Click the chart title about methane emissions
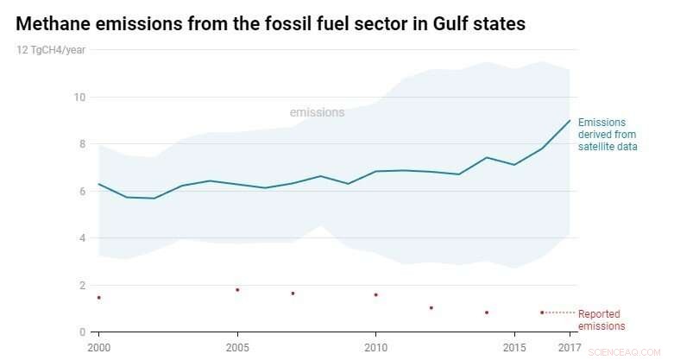(270, 24)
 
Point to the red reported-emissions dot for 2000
(99, 298)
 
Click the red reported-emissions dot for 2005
(237, 290)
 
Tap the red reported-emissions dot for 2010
(375, 295)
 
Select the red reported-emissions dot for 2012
(431, 308)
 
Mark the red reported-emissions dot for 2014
(487, 313)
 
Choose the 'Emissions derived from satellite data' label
(608, 135)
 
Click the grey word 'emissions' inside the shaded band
(317, 112)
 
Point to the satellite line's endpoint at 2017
(570, 120)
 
